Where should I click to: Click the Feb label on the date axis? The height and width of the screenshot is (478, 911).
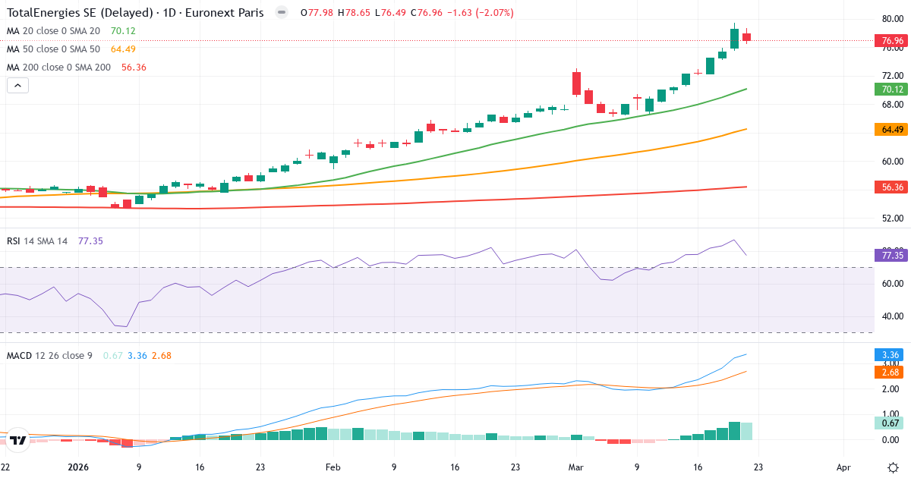point(332,468)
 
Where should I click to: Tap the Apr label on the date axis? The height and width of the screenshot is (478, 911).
point(843,468)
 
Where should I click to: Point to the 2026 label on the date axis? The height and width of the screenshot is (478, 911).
point(79,468)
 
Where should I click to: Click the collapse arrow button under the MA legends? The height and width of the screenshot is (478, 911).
point(17,86)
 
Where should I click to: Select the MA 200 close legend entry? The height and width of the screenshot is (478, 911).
point(58,68)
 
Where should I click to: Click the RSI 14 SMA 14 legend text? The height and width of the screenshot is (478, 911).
point(37,241)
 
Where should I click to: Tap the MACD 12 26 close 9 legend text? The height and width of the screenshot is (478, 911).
point(49,355)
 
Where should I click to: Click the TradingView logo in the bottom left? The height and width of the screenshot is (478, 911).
point(19,440)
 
